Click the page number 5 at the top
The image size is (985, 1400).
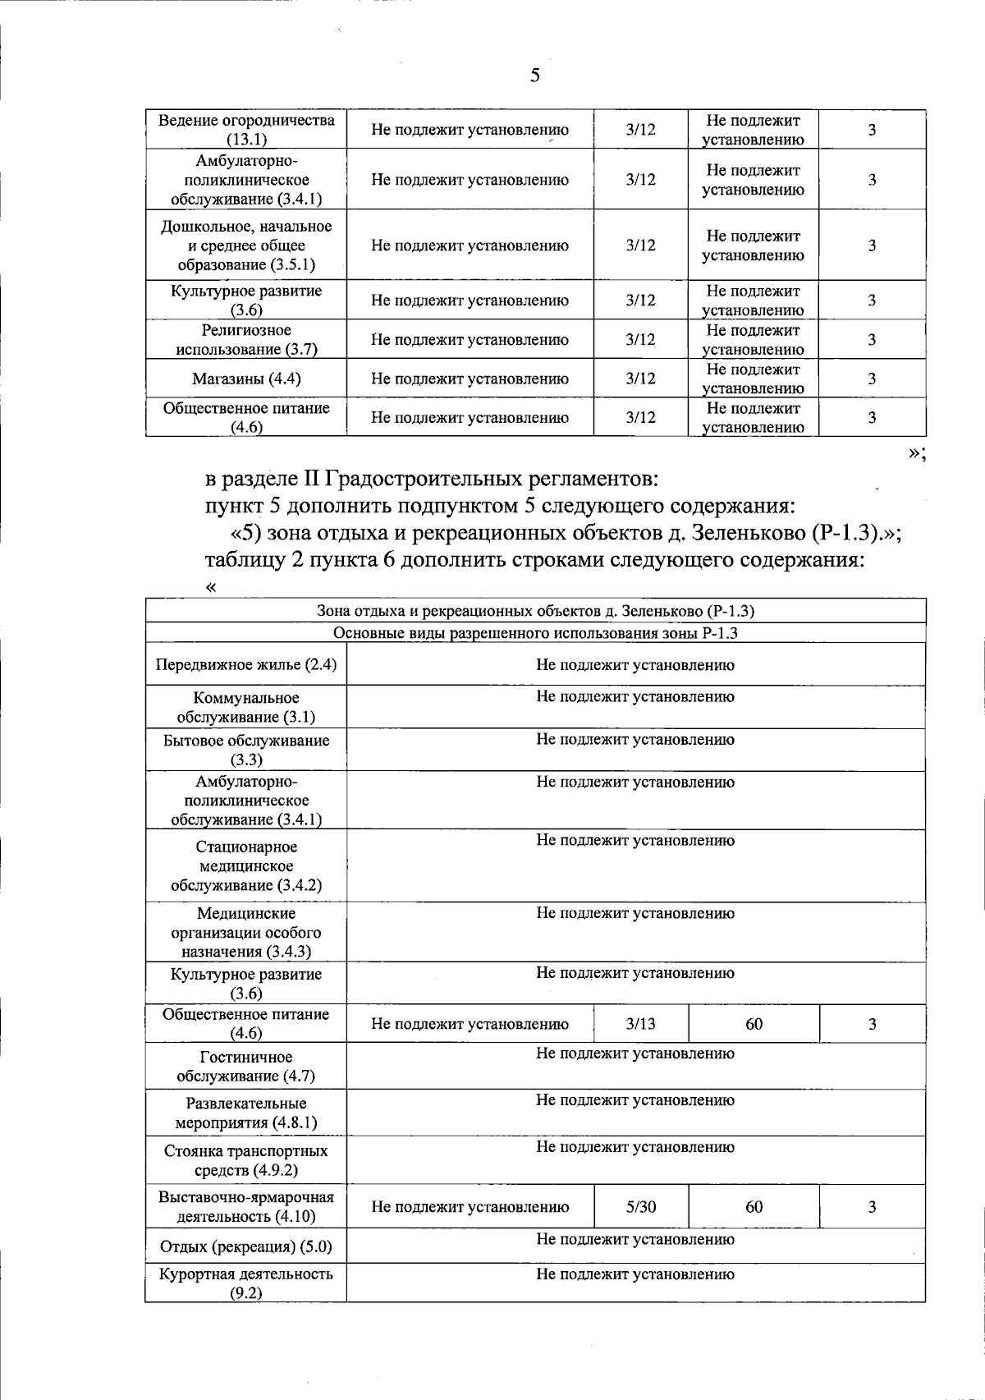535,76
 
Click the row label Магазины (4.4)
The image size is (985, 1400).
246,379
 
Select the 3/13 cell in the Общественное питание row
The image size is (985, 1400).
640,1024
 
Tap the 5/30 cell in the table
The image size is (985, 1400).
640,1206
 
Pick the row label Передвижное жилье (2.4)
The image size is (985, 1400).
246,665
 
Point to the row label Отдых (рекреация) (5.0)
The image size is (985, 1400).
246,1246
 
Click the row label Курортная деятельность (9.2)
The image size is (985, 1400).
246,1283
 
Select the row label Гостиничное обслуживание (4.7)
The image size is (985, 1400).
246,1066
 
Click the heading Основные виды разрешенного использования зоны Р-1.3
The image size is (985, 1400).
536,632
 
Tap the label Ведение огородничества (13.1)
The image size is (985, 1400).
246,129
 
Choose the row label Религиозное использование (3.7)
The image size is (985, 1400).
246,339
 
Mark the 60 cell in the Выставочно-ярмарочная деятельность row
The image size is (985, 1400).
754,1206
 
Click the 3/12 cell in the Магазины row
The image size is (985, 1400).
640,379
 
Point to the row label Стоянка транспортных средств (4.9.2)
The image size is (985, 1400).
246,1159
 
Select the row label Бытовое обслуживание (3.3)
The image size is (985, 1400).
246,749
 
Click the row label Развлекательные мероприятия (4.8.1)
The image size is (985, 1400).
246,1113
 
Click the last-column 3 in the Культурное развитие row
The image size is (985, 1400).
872,301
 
